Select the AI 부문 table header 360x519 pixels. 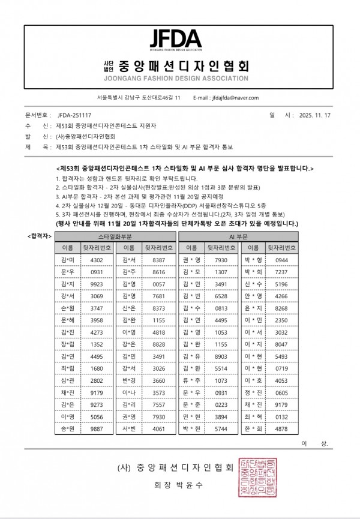(x=239, y=236)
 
